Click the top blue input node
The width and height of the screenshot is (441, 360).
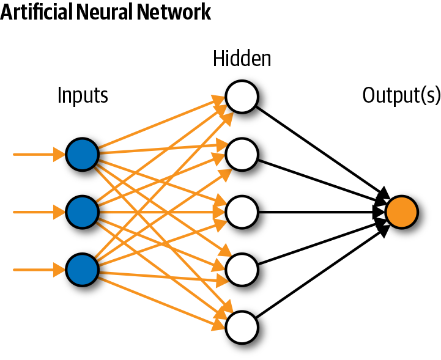(x=82, y=155)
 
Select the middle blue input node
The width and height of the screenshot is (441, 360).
(x=82, y=212)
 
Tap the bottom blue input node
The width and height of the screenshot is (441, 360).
(x=82, y=269)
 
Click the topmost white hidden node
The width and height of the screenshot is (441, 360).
(x=242, y=97)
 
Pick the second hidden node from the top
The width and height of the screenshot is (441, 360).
(x=242, y=155)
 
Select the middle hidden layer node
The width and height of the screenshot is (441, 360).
(x=242, y=212)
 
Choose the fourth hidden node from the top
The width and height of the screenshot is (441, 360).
(x=242, y=269)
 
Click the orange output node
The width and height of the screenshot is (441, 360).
(x=402, y=212)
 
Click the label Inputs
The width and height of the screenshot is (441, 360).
(x=83, y=95)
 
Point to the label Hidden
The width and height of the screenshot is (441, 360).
(x=242, y=59)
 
